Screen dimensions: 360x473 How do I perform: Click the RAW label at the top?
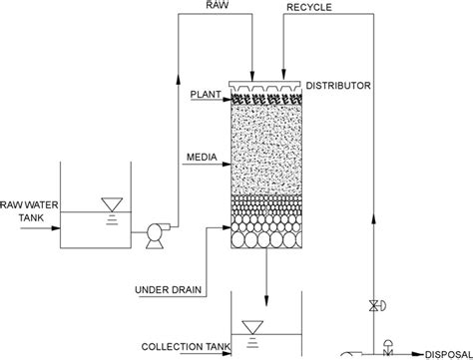(x=218, y=7)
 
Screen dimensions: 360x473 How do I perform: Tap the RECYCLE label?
(x=309, y=7)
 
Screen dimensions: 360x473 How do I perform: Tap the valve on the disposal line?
(x=387, y=352)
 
